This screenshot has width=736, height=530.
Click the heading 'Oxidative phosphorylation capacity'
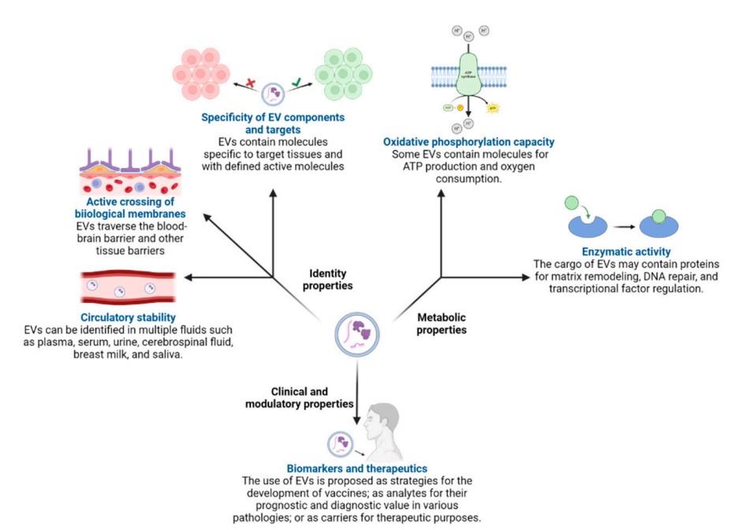point(469,142)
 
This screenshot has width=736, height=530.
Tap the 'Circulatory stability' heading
point(110,317)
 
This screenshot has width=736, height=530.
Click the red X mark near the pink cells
point(249,83)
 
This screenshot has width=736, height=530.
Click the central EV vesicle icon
point(353,331)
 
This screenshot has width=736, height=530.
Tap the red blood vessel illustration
point(130,289)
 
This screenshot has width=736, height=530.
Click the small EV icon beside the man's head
point(338,443)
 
